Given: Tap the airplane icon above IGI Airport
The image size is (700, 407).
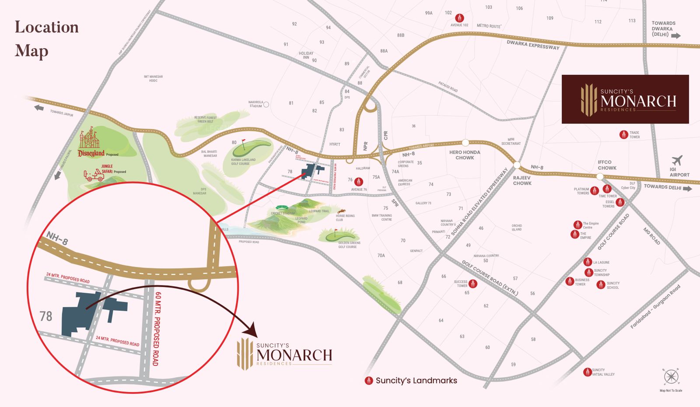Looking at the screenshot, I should tap(677, 160).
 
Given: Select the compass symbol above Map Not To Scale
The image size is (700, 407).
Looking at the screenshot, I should tap(671, 376).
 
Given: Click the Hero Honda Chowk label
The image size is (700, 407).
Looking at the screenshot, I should tap(465, 155).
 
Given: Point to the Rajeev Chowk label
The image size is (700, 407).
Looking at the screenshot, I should tap(522, 180).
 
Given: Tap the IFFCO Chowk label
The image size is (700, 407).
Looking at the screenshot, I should tap(607, 165).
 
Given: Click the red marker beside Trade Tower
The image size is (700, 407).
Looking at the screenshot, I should tap(624, 135).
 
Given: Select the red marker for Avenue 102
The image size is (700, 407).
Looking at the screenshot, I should tap(459, 18).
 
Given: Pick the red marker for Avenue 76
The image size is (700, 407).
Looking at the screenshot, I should tap(359, 182).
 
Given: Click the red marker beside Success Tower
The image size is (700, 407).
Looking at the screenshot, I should tap(473, 284).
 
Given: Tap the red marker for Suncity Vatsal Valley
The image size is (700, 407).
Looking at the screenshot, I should tap(588, 372).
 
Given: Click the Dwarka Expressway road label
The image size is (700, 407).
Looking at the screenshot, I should tap(533, 45).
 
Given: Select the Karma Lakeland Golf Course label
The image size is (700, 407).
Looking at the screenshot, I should tap(243, 161).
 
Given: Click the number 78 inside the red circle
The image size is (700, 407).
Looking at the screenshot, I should tap(46, 316).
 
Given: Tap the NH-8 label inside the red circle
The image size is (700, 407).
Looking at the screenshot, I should tap(57, 239).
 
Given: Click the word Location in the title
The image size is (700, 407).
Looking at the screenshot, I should tap(47, 27).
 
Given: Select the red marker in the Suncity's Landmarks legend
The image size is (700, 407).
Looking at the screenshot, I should tap(369, 381).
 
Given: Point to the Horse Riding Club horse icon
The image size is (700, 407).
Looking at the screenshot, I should tap(339, 211).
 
